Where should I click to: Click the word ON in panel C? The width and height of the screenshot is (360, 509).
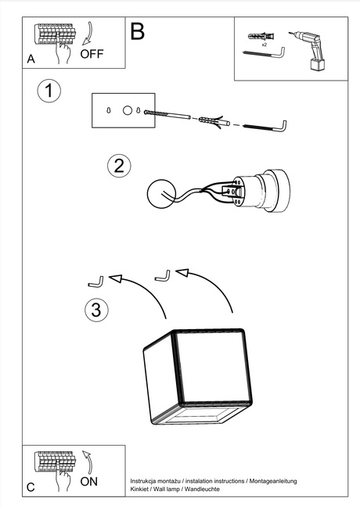pyautogui.click(x=89, y=481)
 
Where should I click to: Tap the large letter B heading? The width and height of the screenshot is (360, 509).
pyautogui.click(x=138, y=32)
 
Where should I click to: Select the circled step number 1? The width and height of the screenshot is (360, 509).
pyautogui.click(x=49, y=91)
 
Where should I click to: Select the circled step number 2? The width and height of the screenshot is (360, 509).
pyautogui.click(x=119, y=165)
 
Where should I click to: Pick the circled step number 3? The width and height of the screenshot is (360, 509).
pyautogui.click(x=95, y=310)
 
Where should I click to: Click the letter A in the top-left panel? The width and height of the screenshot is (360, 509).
pyautogui.click(x=31, y=59)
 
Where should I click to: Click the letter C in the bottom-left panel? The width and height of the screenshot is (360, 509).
pyautogui.click(x=31, y=486)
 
